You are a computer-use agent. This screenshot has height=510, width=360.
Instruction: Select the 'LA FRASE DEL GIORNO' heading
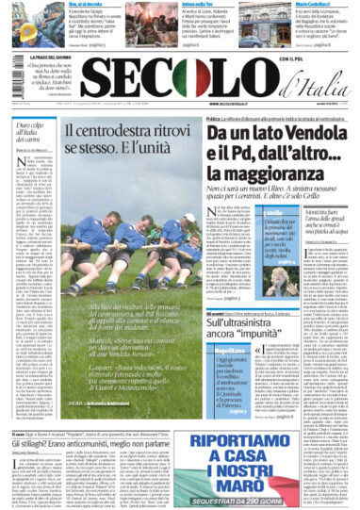[x=42, y=58]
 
